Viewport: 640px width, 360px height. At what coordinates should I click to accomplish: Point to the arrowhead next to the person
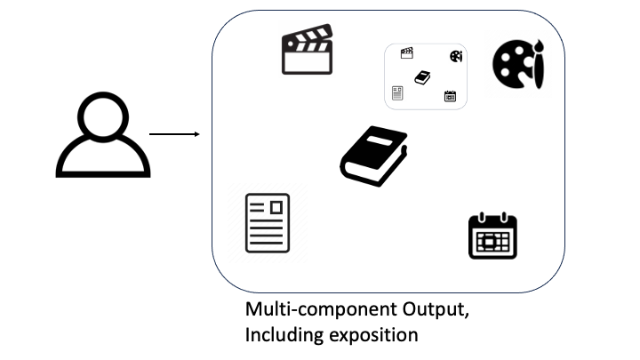(x=195, y=134)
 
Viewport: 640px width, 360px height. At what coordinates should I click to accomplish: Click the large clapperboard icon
(x=307, y=52)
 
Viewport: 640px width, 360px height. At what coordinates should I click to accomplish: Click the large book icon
(x=373, y=155)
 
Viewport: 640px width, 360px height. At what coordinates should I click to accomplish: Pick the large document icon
(x=268, y=222)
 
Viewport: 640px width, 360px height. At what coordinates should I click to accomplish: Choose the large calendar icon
(x=492, y=236)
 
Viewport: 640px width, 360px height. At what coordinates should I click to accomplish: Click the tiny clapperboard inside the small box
(x=407, y=53)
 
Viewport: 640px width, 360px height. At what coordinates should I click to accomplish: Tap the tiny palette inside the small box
(x=456, y=56)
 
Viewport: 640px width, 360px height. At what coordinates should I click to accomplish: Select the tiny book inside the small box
(x=423, y=77)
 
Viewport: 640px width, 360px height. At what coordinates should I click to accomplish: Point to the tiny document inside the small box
(x=397, y=92)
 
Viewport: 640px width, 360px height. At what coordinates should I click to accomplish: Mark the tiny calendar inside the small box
(x=450, y=96)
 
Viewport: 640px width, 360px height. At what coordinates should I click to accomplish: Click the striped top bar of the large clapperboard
(x=307, y=38)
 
